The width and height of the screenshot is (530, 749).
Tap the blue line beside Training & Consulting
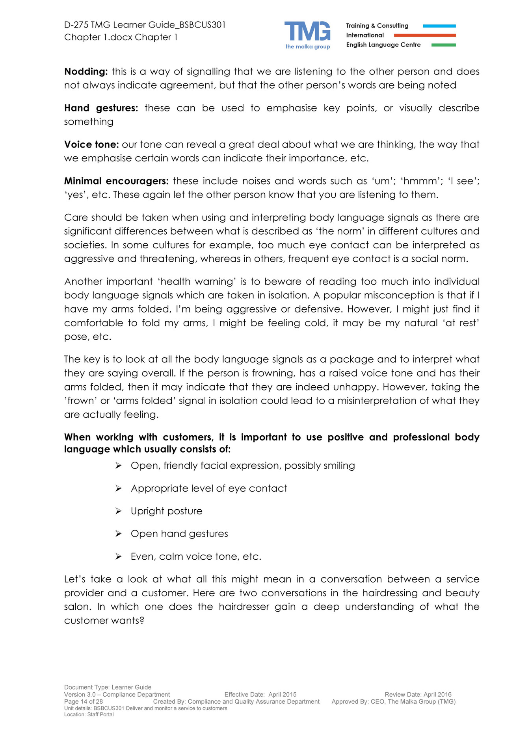pyautogui.click(x=439, y=26)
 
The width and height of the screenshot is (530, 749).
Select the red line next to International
pyautogui.click(x=424, y=35)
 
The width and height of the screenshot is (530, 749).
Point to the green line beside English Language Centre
pyautogui.click(x=443, y=45)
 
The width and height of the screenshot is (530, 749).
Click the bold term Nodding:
pyautogui.click(x=86, y=72)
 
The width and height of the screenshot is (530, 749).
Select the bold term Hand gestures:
pyautogui.click(x=101, y=108)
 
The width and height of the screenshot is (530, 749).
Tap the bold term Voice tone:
pyautogui.click(x=91, y=145)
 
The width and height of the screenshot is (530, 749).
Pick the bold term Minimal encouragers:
pyautogui.click(x=116, y=181)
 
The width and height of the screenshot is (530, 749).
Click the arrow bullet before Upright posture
pyautogui.click(x=118, y=511)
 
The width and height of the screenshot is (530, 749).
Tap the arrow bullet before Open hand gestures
pyautogui.click(x=118, y=534)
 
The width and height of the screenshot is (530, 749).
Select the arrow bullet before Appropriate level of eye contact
pyautogui.click(x=118, y=488)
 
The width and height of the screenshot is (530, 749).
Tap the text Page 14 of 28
pyautogui.click(x=84, y=701)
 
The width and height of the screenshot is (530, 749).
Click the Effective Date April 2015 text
pyautogui.click(x=260, y=694)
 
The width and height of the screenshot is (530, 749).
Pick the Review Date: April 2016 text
pyautogui.click(x=418, y=694)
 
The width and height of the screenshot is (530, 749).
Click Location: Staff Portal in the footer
pyautogui.click(x=89, y=714)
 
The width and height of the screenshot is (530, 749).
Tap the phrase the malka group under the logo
pyautogui.click(x=308, y=47)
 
